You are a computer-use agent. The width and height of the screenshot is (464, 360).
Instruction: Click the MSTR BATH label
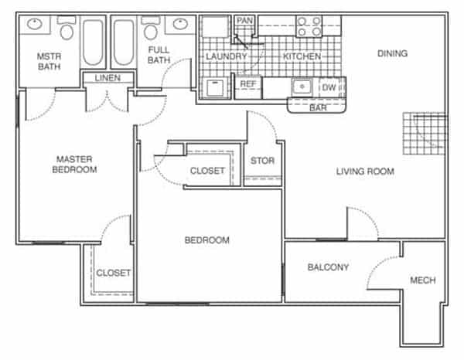[x=49, y=62]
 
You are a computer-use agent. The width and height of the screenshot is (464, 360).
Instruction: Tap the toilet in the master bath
[x=67, y=28]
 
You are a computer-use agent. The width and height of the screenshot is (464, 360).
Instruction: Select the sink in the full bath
[x=180, y=24]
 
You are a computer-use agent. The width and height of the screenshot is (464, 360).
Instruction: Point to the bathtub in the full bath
[x=124, y=42]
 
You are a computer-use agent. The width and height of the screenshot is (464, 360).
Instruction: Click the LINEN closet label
[x=107, y=78]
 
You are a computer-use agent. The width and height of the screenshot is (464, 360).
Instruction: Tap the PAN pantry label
[x=244, y=21]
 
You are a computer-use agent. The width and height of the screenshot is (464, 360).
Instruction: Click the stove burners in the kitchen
[x=309, y=26]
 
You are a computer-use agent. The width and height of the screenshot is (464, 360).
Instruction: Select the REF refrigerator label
[x=248, y=84]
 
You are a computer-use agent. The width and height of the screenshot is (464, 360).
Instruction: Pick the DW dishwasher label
[x=329, y=87]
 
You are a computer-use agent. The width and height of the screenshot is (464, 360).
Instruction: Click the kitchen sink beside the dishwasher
[x=302, y=87]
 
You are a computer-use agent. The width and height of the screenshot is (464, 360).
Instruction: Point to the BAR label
[x=318, y=108]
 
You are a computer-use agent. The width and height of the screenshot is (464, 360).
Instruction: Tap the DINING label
[x=392, y=53]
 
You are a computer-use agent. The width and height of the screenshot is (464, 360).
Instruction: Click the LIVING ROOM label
[x=365, y=172]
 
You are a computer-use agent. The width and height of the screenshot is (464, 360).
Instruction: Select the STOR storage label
[x=262, y=161]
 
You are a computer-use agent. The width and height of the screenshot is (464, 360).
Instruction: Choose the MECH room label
[x=423, y=280]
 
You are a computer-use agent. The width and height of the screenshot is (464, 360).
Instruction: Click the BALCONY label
[x=328, y=267]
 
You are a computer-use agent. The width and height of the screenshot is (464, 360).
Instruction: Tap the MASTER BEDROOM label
[x=74, y=165]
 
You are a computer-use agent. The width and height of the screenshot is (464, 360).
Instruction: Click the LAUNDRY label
[x=227, y=56]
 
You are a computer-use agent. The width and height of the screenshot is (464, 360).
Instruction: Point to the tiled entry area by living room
[x=425, y=134]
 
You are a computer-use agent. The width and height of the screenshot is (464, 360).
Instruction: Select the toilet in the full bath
[x=151, y=28]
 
